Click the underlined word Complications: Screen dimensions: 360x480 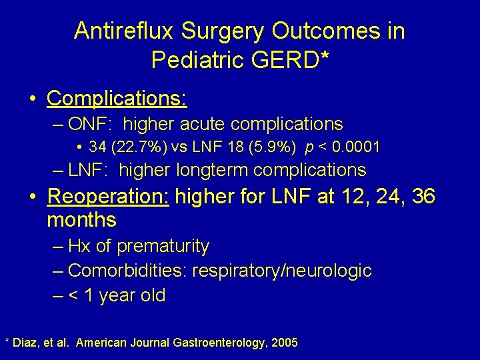pyautogui.click(x=117, y=98)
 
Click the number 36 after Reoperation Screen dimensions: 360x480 pyautogui.click(x=424, y=197)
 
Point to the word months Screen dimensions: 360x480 pyautogui.click(x=82, y=219)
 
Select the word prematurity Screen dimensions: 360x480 pyautogui.click(x=163, y=246)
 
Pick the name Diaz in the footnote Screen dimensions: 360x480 pyautogui.click(x=26, y=343)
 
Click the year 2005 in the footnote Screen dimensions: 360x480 pyautogui.click(x=283, y=343)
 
